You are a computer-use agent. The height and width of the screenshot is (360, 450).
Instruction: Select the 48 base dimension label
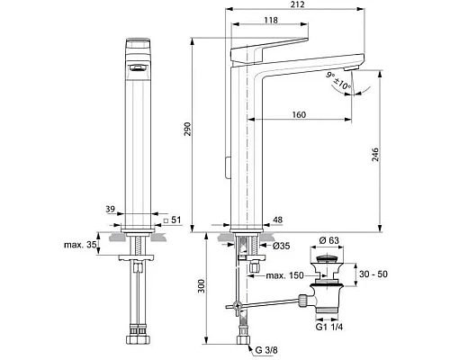coord(278,219)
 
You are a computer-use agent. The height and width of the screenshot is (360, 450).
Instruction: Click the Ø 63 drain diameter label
coord(331,241)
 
